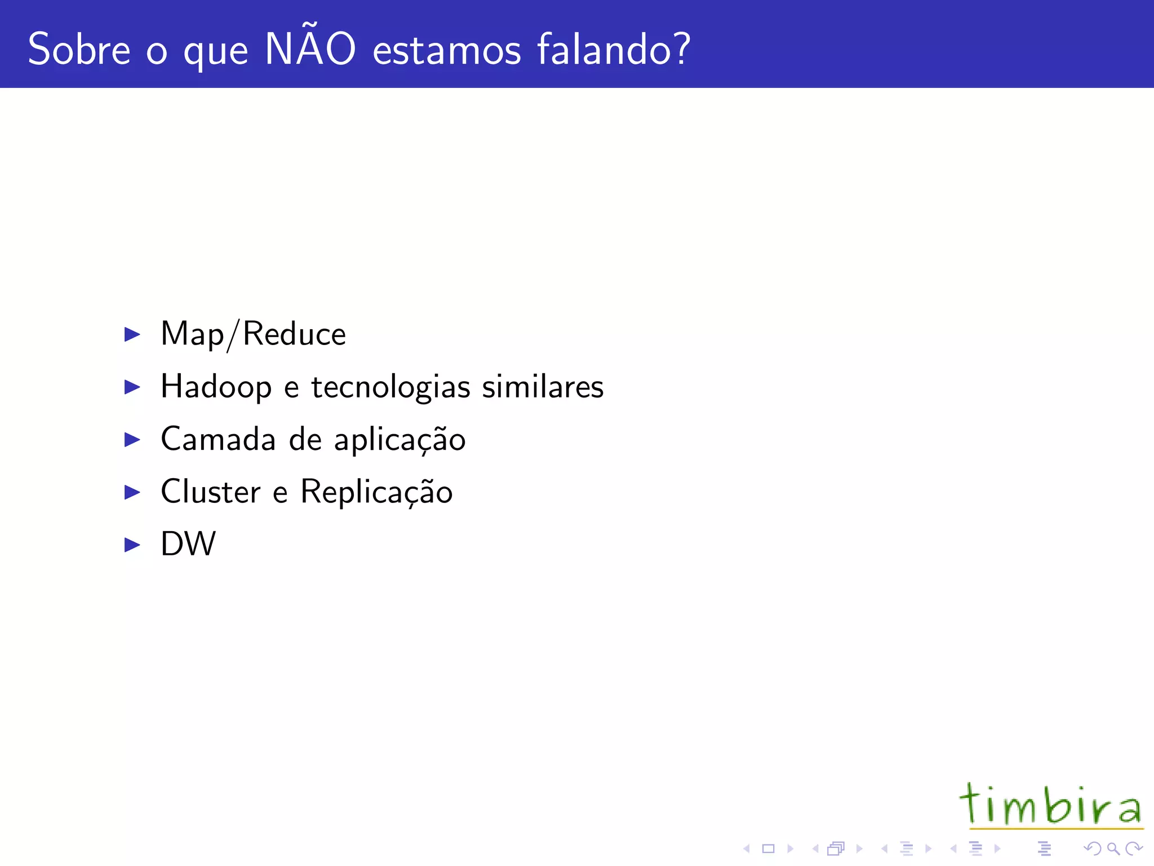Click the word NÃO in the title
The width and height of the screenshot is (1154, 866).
click(310, 49)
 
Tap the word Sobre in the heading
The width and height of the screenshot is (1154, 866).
click(79, 50)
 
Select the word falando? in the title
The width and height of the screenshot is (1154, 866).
click(614, 50)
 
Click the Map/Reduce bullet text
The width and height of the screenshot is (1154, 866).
click(253, 334)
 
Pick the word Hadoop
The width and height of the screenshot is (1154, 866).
click(216, 387)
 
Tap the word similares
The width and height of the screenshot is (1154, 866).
click(543, 387)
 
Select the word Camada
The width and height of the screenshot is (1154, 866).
click(218, 439)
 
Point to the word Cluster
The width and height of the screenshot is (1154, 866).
click(210, 492)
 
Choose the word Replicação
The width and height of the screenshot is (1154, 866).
click(376, 492)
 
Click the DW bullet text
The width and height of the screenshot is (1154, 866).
click(188, 544)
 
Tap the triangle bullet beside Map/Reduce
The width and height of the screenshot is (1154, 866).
click(132, 334)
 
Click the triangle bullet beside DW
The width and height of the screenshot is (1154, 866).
click(132, 545)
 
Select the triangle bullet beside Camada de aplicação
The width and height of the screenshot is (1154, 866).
click(132, 440)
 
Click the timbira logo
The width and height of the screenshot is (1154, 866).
click(1051, 805)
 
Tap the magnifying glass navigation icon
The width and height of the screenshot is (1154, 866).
click(1113, 849)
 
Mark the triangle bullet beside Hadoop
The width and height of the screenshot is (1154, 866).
click(132, 387)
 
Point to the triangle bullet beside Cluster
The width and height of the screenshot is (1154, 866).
click(132, 492)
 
